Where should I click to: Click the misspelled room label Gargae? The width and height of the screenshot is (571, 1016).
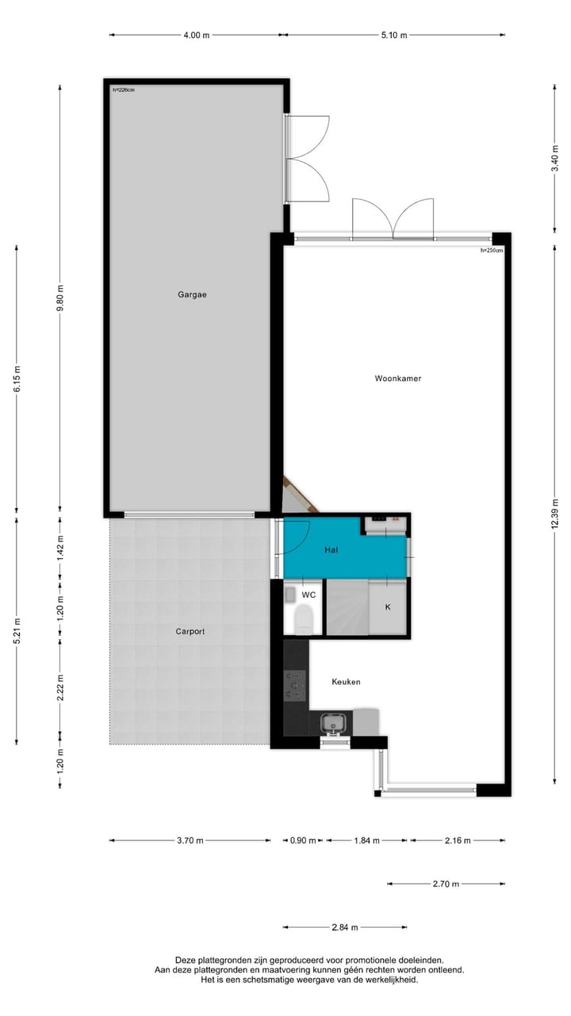coord(192,294)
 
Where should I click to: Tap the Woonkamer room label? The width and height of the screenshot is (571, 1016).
coord(397,379)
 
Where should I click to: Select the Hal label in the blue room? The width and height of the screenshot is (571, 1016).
coord(332,549)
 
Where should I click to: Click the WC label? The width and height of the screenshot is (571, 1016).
coord(308,595)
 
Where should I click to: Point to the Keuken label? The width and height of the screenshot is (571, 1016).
coord(346,682)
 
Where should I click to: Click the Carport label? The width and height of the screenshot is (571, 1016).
coord(190,632)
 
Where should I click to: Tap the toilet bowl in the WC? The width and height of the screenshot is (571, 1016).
coord(302,618)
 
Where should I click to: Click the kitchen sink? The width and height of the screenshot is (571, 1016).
coord(332,723)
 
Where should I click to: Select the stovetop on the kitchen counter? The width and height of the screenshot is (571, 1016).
coord(296,681)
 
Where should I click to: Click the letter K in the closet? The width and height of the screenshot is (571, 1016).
coord(388,607)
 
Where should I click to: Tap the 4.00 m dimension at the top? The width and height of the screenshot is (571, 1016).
coord(197,35)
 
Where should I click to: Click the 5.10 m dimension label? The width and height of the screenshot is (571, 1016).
coord(393,35)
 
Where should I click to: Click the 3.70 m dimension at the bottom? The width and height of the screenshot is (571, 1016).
coord(191,841)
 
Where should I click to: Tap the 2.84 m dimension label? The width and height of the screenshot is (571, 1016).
coord(345,927)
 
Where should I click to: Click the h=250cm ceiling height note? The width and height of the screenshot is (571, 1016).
coord(492,250)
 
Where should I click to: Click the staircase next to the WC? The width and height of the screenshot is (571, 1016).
coord(347,607)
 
